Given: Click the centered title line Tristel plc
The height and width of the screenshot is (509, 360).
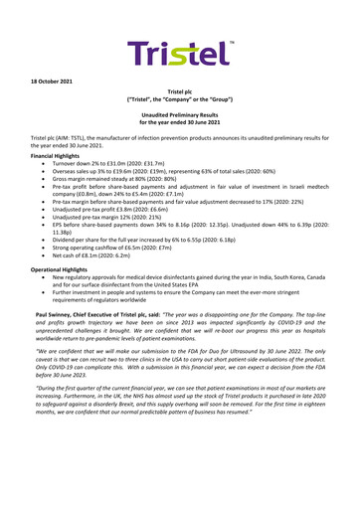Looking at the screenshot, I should coord(180,117).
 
